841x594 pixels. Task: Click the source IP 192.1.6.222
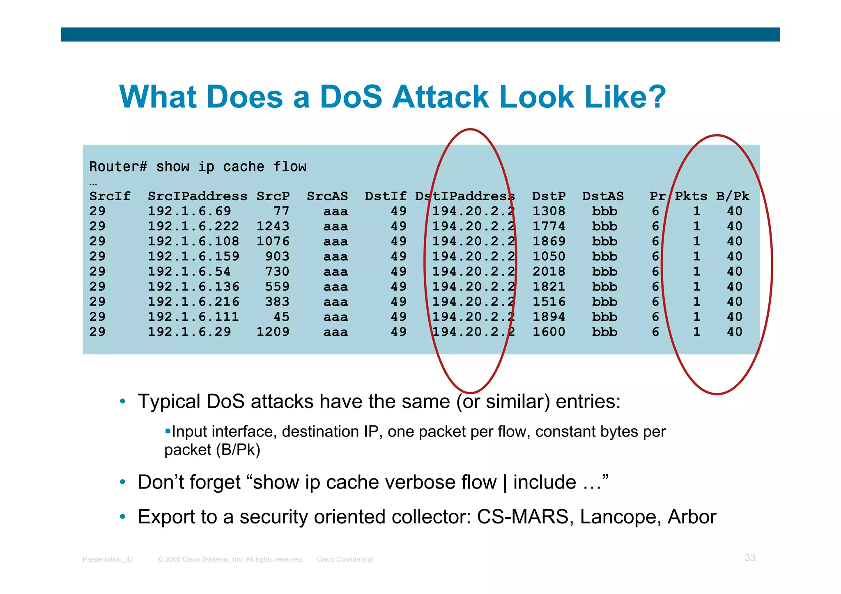(193, 226)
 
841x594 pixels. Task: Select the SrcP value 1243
(273, 226)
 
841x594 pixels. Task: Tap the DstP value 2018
(549, 272)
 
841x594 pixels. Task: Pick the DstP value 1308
(549, 211)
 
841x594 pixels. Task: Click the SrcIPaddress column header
(198, 196)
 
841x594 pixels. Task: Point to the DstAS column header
(602, 196)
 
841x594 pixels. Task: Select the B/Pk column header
(733, 196)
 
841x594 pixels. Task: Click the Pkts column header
(691, 196)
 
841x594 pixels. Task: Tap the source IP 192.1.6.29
(189, 332)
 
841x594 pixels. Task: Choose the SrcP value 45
(281, 317)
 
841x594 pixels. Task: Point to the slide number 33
(750, 558)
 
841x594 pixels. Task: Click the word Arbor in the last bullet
(692, 517)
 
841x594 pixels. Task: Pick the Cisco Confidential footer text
(345, 560)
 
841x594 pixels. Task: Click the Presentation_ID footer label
(108, 560)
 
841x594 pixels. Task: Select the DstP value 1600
(549, 332)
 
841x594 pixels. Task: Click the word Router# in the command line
(118, 167)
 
